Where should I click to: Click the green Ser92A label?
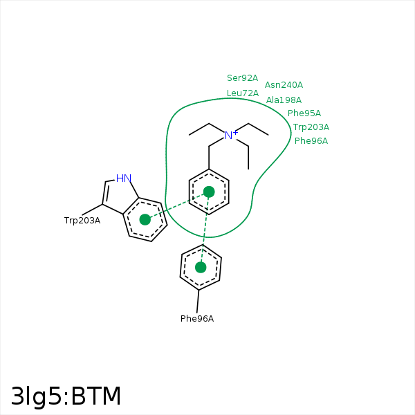click(242, 78)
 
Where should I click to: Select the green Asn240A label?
click(284, 85)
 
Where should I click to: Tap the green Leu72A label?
click(242, 93)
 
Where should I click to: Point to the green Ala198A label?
click(284, 100)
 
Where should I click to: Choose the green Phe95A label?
click(304, 113)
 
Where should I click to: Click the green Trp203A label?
click(311, 127)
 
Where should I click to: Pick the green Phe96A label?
click(311, 141)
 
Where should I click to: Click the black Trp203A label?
click(82, 221)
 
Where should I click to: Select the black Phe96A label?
click(197, 319)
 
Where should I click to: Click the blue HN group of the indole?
click(123, 178)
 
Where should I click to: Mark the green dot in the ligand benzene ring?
click(209, 192)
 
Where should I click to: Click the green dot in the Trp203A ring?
click(145, 219)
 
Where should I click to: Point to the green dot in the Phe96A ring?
click(201, 267)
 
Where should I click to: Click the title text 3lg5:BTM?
click(66, 396)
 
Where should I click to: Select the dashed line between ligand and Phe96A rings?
click(205, 230)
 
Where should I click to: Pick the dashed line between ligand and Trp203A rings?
click(176, 205)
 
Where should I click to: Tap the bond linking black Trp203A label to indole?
click(93, 210)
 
